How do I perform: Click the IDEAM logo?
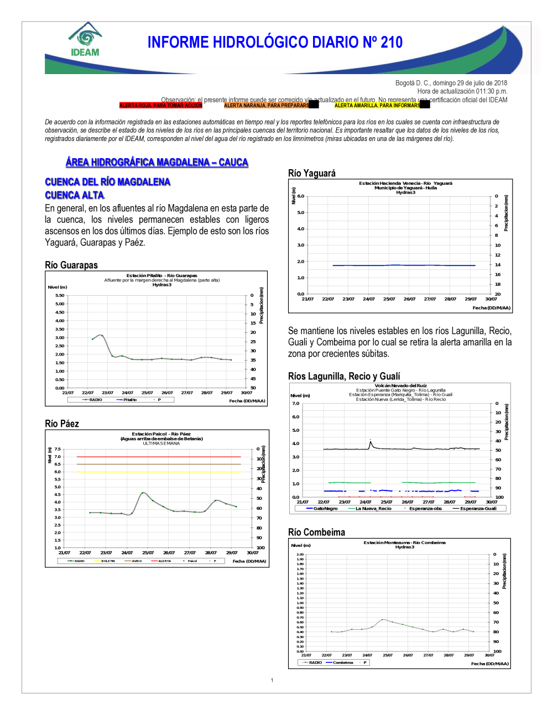point(85,40)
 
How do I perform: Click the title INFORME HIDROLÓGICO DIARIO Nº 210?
point(275,43)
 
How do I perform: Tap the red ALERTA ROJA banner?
point(161,105)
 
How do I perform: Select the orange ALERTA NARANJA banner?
point(267,105)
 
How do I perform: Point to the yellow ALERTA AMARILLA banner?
point(377,105)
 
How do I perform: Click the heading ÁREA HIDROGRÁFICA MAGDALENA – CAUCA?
point(157,162)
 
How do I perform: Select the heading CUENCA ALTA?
point(74,195)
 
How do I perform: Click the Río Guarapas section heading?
point(71,265)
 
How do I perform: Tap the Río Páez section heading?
point(62,424)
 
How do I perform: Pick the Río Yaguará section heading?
point(312,173)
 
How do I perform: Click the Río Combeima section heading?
point(316,532)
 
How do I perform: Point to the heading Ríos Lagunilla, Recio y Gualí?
point(344,376)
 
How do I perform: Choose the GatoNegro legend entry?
point(325,508)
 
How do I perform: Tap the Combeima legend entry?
point(342,662)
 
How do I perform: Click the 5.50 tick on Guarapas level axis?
point(60,295)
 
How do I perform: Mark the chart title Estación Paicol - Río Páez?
point(161,434)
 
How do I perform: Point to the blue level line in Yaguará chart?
point(404,265)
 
